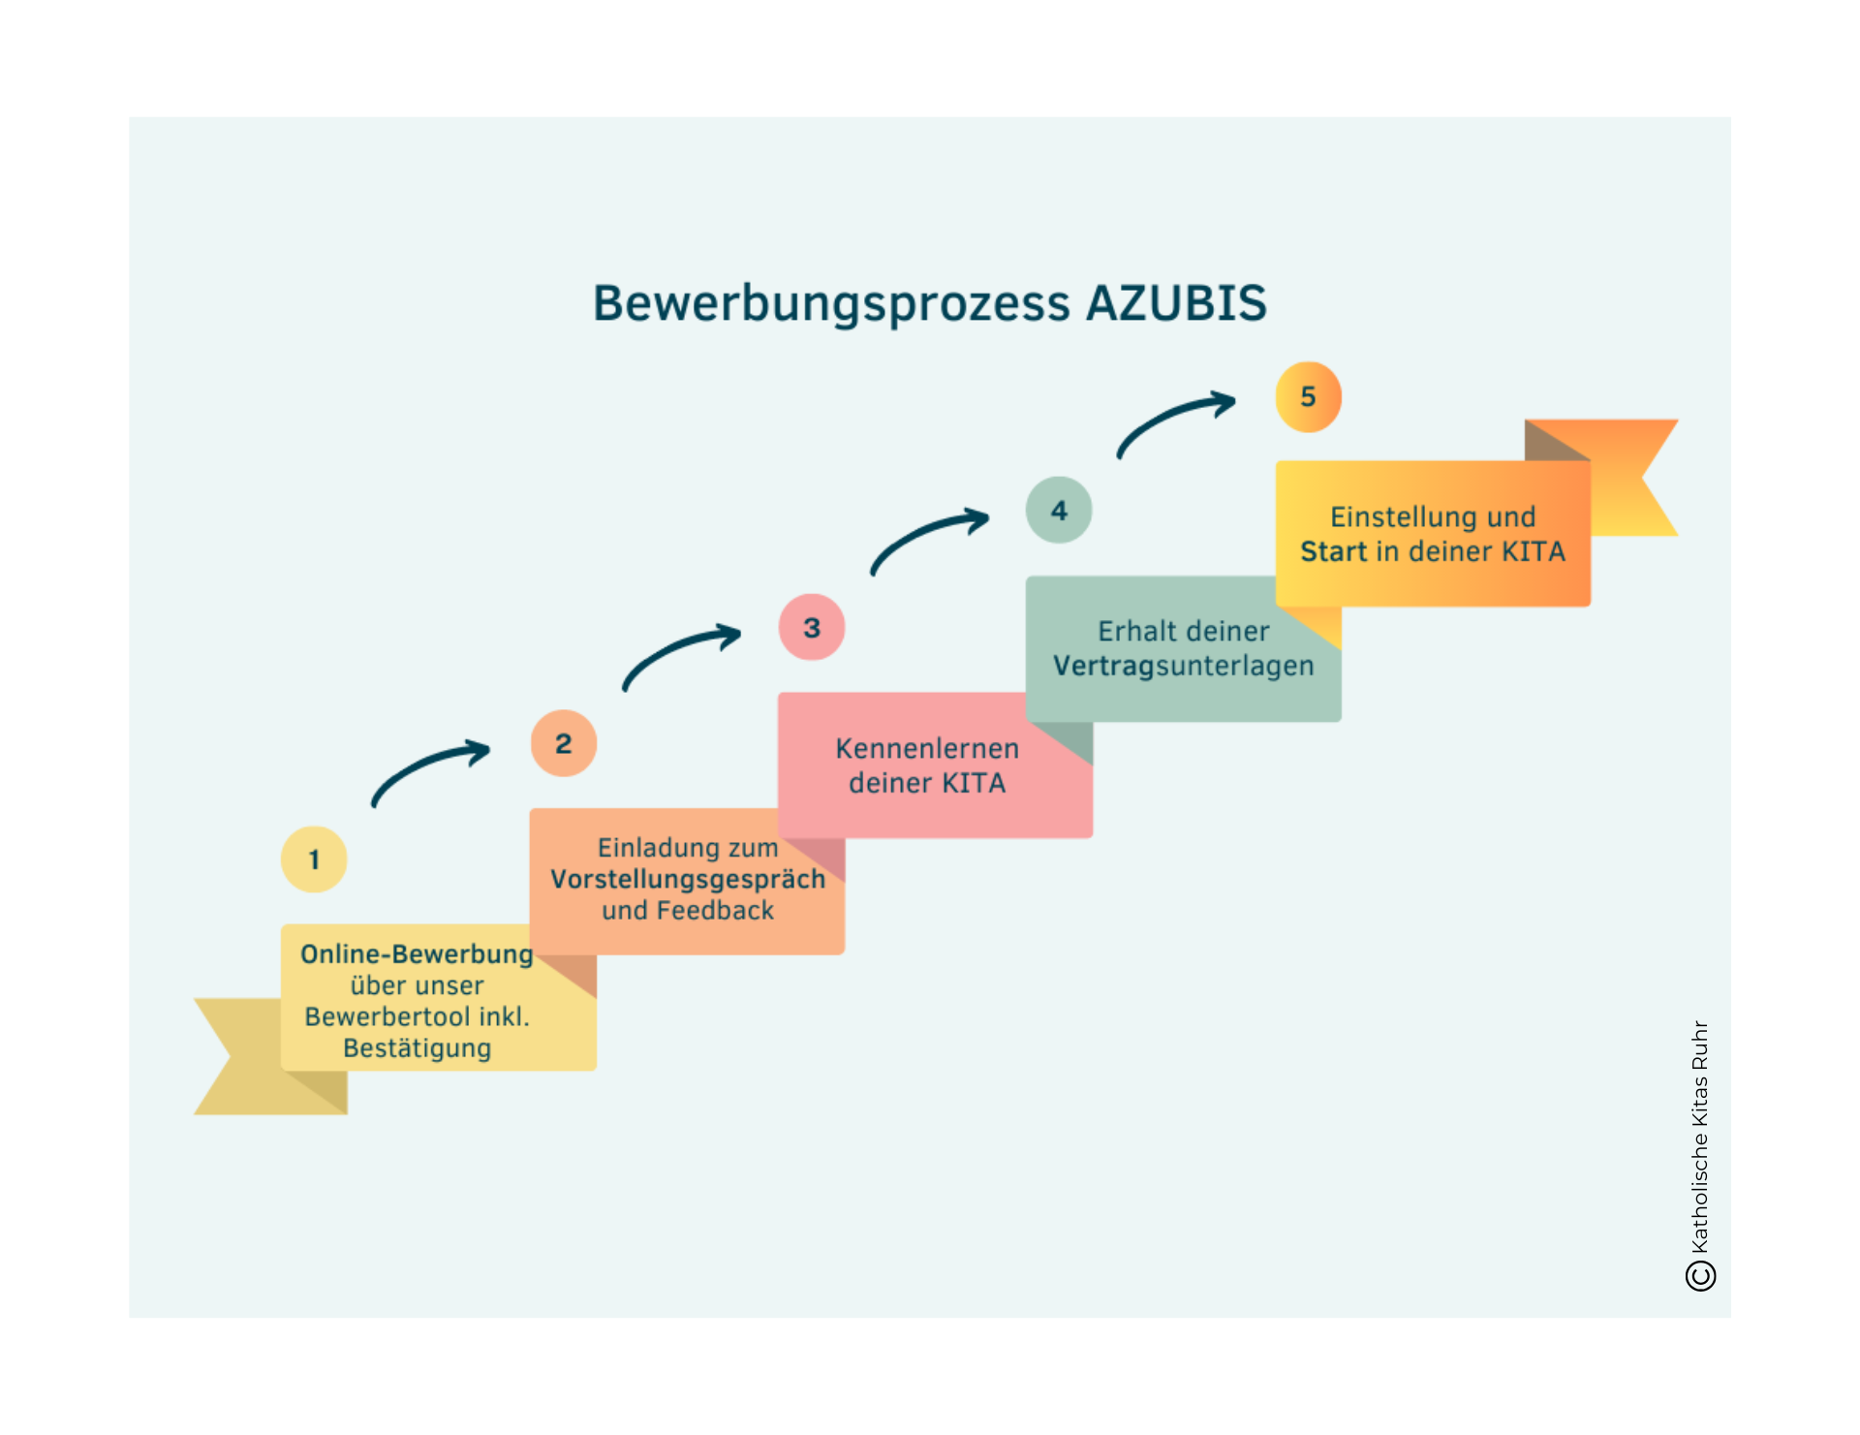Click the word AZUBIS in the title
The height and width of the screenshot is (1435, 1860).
1176,302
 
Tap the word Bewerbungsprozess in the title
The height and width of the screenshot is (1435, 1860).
831,304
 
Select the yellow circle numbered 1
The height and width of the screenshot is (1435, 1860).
314,859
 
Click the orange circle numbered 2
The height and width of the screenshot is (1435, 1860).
563,744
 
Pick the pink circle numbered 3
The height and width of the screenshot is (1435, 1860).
812,628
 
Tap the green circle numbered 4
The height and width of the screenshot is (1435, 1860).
1059,511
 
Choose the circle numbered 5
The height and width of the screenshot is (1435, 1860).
1308,396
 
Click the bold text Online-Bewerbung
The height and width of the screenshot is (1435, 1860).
417,954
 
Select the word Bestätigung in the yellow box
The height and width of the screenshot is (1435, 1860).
417,1048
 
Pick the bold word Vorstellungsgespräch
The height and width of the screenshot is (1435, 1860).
688,880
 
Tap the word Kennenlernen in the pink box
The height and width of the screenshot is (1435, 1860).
927,748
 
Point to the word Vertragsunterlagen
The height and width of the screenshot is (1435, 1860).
1183,666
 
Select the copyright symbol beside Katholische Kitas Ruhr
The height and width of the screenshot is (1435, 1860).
1700,1275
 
